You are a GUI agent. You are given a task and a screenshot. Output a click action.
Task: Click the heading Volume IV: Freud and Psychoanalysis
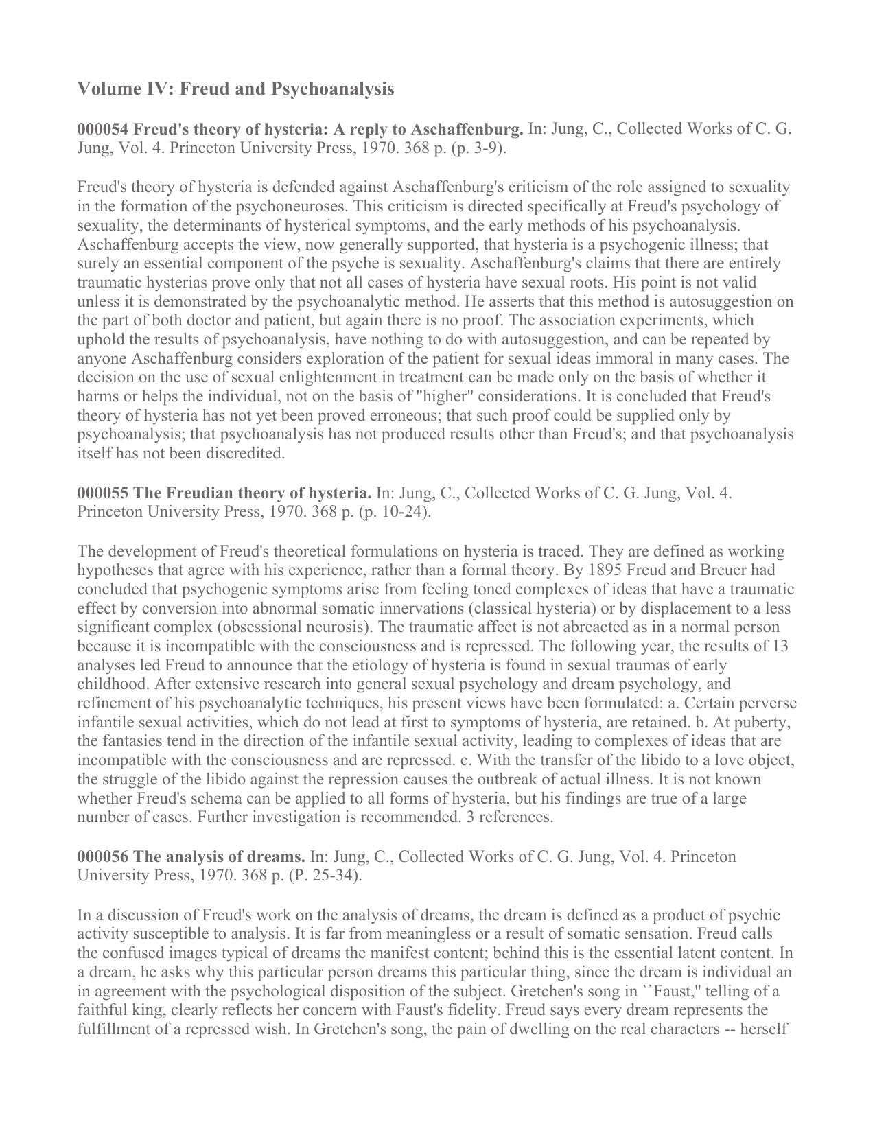click(235, 89)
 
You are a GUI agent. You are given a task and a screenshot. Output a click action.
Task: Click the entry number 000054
click(103, 129)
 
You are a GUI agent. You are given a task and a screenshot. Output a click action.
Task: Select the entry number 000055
click(103, 493)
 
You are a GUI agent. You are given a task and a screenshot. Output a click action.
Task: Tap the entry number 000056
click(103, 856)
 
